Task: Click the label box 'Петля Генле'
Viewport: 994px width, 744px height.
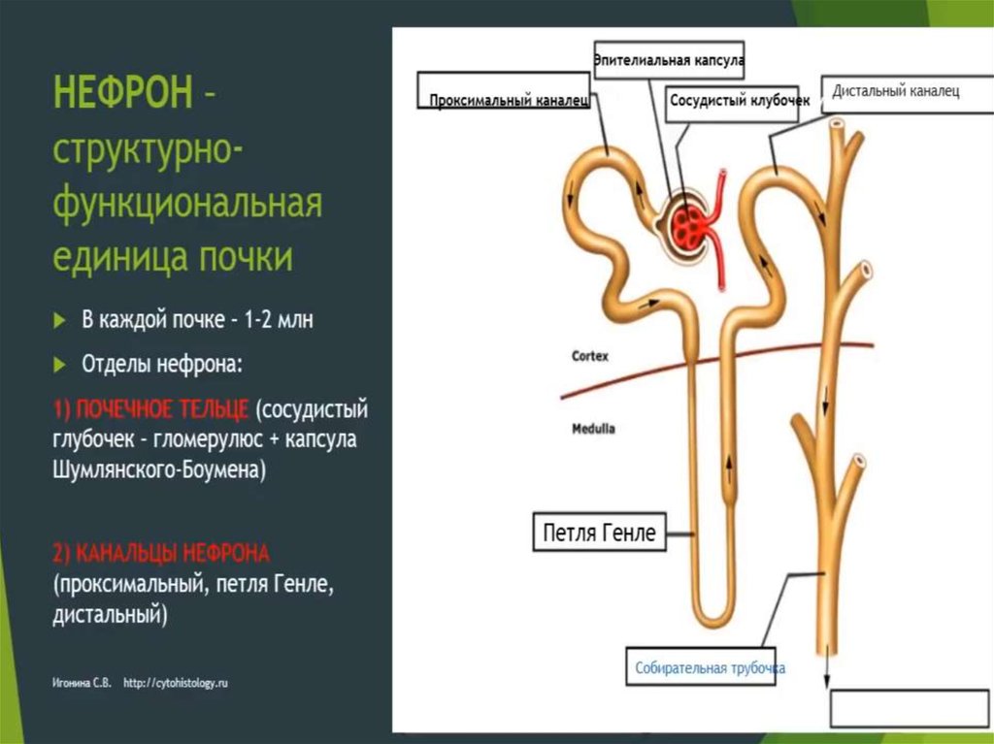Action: (x=600, y=533)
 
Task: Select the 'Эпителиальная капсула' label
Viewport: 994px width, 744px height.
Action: (x=669, y=60)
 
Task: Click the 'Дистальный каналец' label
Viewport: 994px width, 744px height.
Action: (x=895, y=92)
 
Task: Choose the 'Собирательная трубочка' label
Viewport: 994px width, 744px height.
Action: (x=710, y=667)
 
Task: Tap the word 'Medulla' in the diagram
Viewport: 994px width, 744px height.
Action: (x=593, y=428)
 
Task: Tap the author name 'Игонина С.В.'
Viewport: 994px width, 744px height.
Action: (x=83, y=683)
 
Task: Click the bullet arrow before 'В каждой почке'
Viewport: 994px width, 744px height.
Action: (x=61, y=320)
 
